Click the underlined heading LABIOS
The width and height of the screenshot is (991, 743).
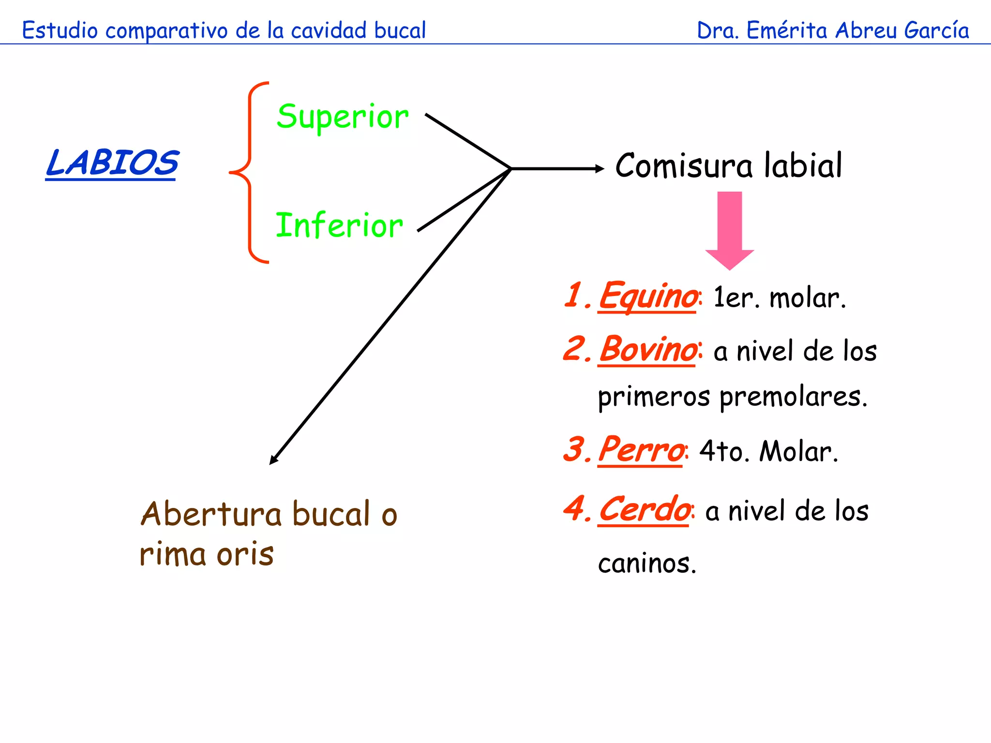click(x=112, y=163)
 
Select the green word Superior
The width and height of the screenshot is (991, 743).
click(x=343, y=117)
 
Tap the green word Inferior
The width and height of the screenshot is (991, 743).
click(x=339, y=226)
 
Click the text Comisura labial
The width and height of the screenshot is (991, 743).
click(x=728, y=165)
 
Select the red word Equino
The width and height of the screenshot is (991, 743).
click(x=647, y=296)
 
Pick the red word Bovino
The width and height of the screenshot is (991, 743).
click(x=647, y=349)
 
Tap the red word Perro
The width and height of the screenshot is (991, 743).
click(x=641, y=450)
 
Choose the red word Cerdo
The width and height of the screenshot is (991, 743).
click(x=644, y=509)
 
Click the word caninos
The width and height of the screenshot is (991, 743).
click(x=647, y=564)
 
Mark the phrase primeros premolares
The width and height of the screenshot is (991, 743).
click(x=732, y=397)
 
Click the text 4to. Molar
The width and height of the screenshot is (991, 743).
click(x=768, y=451)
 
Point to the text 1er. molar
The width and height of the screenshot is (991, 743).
click(x=779, y=297)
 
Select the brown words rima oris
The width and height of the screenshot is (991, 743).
click(x=207, y=554)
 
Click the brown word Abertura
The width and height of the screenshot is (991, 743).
click(x=211, y=514)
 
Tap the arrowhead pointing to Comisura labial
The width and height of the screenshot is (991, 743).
click(x=600, y=168)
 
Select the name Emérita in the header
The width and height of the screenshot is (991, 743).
click(x=787, y=30)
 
